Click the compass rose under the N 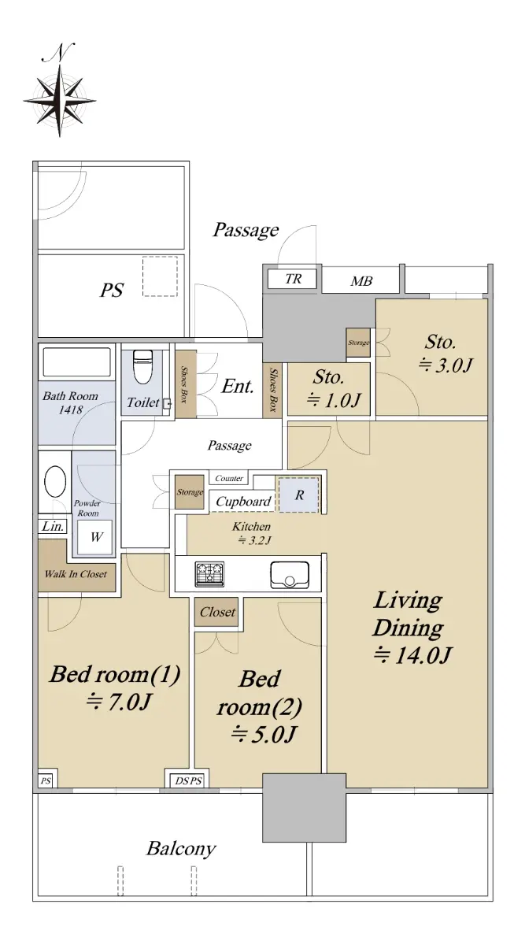pyautogui.click(x=60, y=102)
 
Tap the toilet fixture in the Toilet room pyautogui.click(x=142, y=366)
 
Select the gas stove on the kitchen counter pyautogui.click(x=209, y=574)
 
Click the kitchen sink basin pyautogui.click(x=289, y=575)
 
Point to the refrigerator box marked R pyautogui.click(x=299, y=495)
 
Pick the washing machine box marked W pyautogui.click(x=95, y=536)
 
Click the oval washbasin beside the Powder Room pyautogui.click(x=55, y=481)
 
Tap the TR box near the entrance pyautogui.click(x=292, y=279)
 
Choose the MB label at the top pyautogui.click(x=361, y=281)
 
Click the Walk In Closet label pyautogui.click(x=76, y=574)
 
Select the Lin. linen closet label pyautogui.click(x=53, y=527)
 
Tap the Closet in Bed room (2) pyautogui.click(x=216, y=612)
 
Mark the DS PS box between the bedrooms pyautogui.click(x=189, y=781)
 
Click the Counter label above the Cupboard pyautogui.click(x=229, y=478)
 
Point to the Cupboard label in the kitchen pyautogui.click(x=243, y=501)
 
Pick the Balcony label pyautogui.click(x=181, y=848)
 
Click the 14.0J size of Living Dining pyautogui.click(x=412, y=655)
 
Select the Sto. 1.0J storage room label pyautogui.click(x=329, y=388)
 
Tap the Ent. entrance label pyautogui.click(x=238, y=386)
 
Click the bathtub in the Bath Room pyautogui.click(x=76, y=361)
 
